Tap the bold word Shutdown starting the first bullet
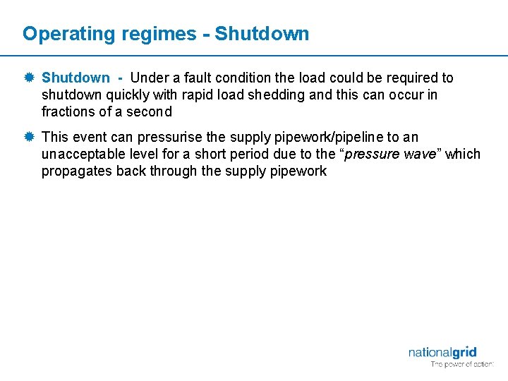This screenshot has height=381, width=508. tap(75, 78)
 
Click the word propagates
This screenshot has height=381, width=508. tap(77, 171)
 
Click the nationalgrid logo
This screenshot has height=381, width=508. tap(442, 353)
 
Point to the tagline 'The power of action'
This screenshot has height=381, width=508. tap(462, 365)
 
